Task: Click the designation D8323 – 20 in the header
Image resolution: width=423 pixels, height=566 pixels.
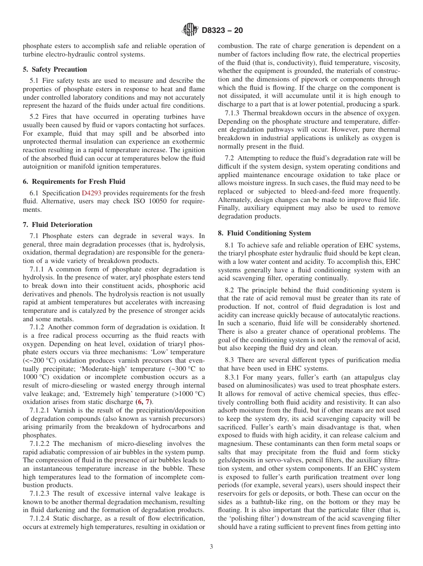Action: pyautogui.click(x=222, y=31)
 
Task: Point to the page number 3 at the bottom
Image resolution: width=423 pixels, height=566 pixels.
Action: pyautogui.click(x=211, y=547)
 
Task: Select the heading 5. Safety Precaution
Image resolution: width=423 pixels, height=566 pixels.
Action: pyautogui.click(x=55, y=69)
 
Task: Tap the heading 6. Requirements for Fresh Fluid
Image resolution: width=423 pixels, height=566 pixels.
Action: pyautogui.click(x=74, y=181)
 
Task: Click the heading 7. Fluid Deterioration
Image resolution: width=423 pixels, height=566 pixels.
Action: pyautogui.click(x=57, y=225)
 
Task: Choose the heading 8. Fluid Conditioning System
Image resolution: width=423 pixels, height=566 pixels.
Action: pyautogui.click(x=264, y=233)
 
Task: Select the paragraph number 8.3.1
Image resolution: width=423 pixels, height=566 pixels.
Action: pyautogui.click(x=233, y=377)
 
